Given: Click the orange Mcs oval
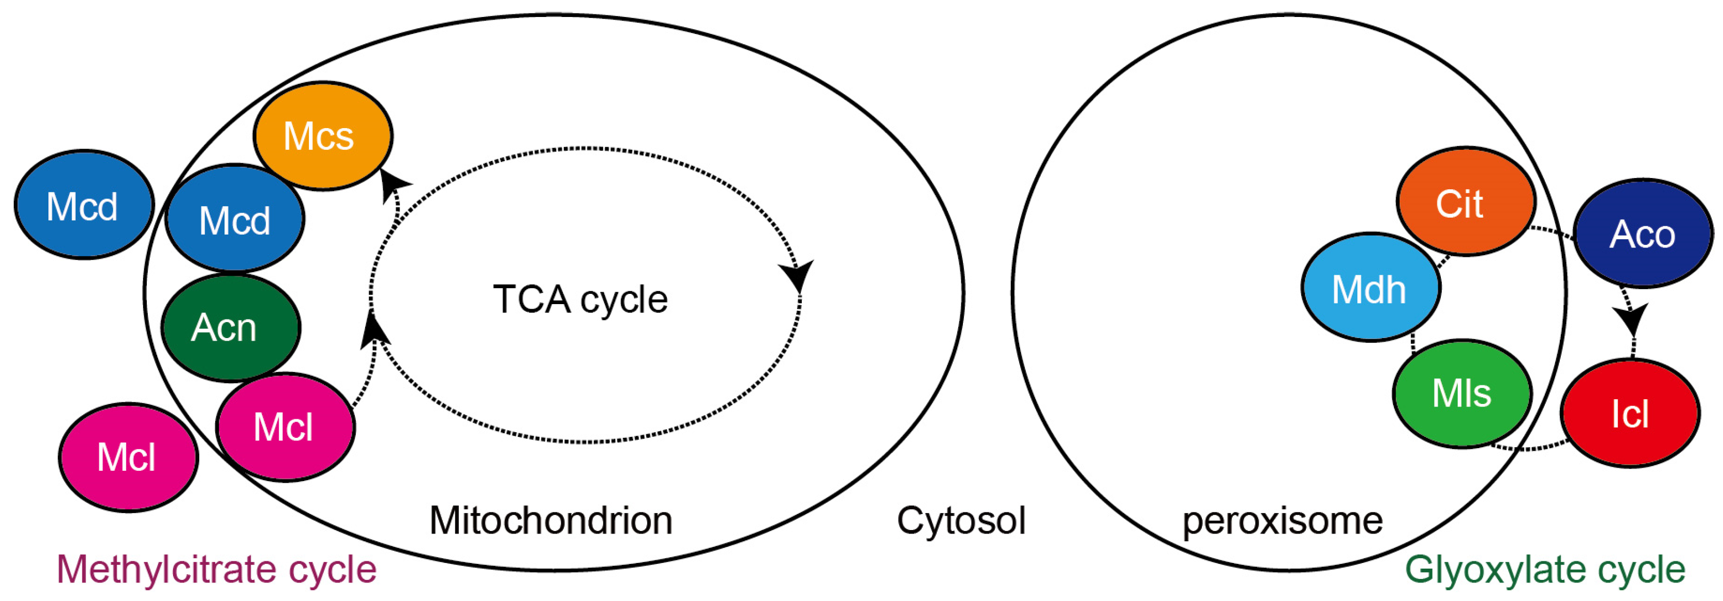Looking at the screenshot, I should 322,136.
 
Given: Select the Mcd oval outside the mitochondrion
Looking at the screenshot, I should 83,205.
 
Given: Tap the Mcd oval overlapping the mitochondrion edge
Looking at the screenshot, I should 235,219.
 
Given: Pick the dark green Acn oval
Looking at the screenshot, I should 231,328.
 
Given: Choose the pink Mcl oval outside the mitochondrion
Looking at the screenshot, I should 128,457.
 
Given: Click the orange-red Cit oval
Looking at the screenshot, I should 1465,202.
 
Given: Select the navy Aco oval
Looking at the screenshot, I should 1643,233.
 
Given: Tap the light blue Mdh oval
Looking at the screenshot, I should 1370,288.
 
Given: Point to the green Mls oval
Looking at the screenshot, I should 1462,393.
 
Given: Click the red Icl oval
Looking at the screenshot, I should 1630,413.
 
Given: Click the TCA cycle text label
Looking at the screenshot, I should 580,299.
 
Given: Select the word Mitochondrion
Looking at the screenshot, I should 550,520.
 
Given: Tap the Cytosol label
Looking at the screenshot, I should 960,520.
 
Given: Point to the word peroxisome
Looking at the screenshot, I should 1282,520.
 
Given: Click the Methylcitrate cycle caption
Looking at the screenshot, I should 217,570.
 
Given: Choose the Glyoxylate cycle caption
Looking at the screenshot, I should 1544,570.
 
